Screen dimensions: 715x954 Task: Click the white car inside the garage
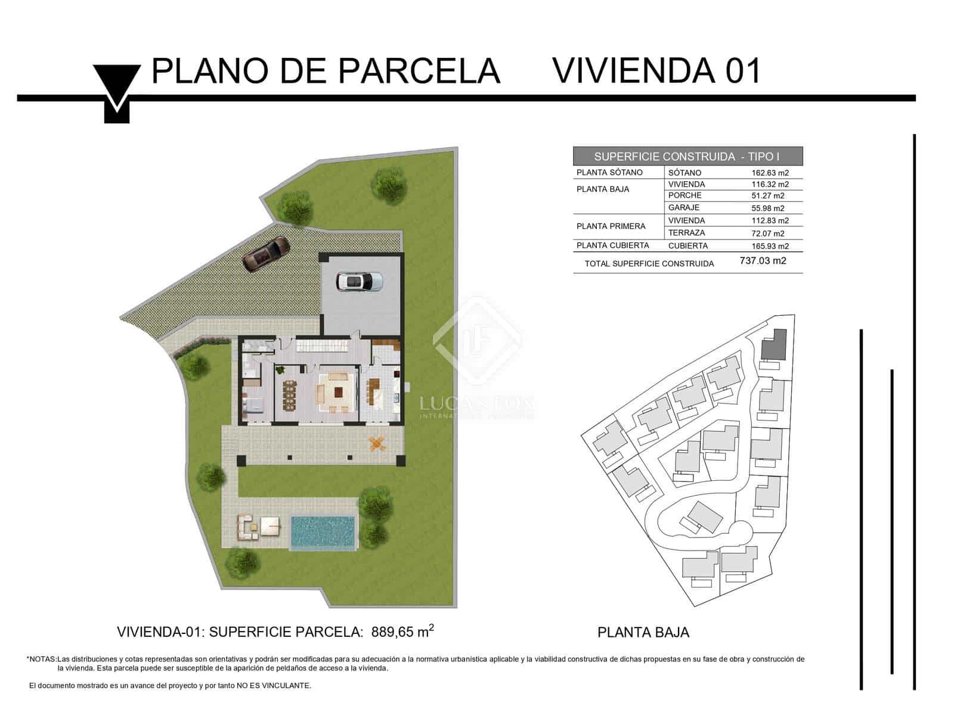click(359, 282)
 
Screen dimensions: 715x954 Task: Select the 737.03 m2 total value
click(763, 260)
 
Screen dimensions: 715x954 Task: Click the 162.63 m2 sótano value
click(770, 173)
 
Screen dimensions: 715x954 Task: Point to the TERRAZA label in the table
click(686, 233)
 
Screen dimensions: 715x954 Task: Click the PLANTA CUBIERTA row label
click(612, 245)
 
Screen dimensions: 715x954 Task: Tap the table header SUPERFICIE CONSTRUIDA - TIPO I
click(687, 157)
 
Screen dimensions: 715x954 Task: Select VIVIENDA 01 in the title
click(656, 71)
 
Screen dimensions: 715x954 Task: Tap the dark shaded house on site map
click(774, 344)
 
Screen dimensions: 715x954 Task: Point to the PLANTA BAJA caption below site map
click(643, 632)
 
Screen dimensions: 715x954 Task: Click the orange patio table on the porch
click(377, 442)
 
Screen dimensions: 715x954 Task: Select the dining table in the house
click(289, 394)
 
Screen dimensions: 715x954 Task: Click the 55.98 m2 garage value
click(767, 208)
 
